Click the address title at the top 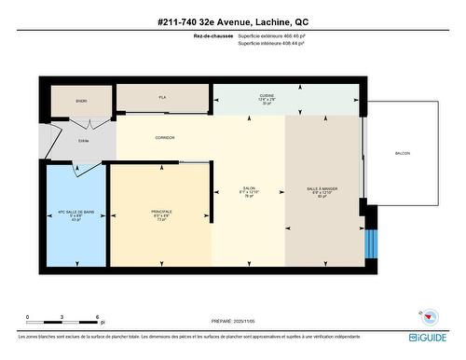point(232,21)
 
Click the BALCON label point(403,153)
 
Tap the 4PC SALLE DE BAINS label point(76,215)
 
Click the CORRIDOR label point(165,137)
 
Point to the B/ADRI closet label point(81,100)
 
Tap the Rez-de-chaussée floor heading point(212,36)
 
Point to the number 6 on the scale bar point(97,317)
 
